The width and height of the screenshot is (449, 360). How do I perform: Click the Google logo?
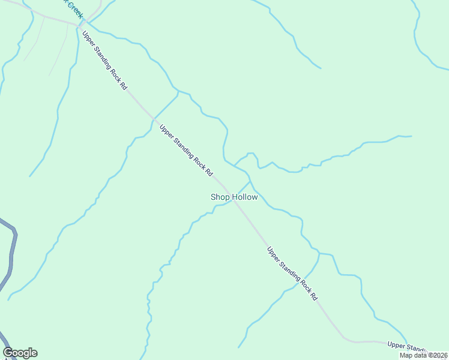tap(20, 353)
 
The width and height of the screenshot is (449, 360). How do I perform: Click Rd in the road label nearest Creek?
tap(124, 85)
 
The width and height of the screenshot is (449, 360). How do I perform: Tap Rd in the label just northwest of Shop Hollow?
tap(209, 172)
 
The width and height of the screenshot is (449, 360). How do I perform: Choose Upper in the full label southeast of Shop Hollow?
tap(274, 255)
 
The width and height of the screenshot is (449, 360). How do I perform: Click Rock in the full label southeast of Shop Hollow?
tap(304, 286)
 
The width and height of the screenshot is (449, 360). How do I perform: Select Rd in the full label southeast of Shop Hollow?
tap(314, 296)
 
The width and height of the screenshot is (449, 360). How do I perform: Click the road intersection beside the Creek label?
tap(79, 26)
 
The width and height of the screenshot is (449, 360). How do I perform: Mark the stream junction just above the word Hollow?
tap(249, 180)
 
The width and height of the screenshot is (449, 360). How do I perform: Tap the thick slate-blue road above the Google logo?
tap(11, 252)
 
